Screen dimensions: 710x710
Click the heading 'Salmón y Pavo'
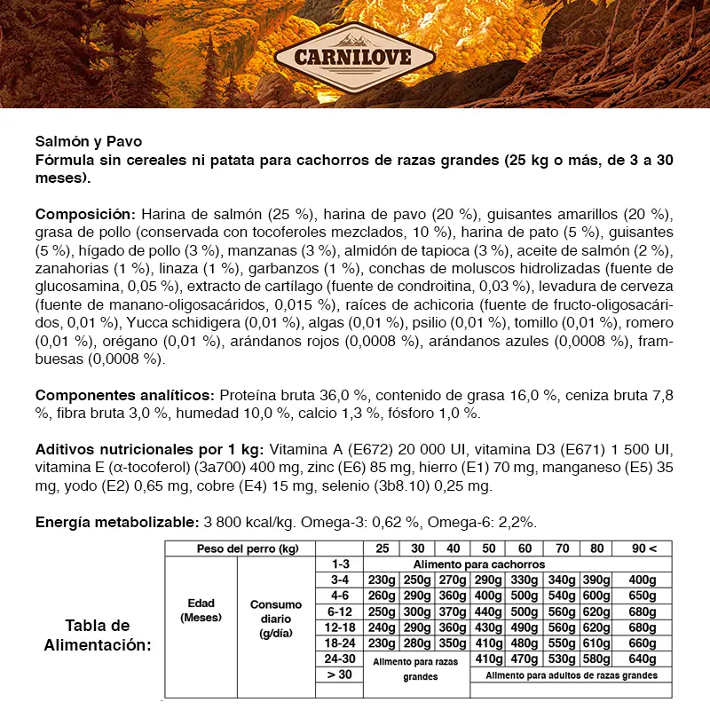pos(88,141)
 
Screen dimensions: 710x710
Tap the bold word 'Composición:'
pos(85,214)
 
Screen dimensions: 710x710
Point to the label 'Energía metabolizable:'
pos(117,523)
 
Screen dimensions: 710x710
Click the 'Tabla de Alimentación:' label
pos(98,635)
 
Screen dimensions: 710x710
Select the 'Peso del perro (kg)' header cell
pos(241,548)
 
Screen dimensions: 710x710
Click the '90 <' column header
pos(646,548)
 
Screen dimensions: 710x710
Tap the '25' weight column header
pos(383,548)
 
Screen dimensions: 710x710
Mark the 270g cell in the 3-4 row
pos(453,580)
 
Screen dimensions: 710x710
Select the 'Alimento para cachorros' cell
pos(479,564)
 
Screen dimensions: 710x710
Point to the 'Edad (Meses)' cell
pos(201,611)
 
